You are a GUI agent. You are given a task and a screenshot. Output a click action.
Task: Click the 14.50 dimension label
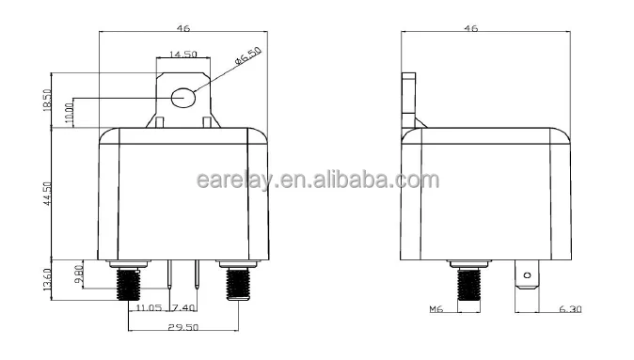pos(182,55)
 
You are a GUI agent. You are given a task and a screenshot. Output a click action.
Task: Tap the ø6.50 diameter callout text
pos(248,55)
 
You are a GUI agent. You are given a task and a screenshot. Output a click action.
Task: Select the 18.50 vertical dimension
pos(47,101)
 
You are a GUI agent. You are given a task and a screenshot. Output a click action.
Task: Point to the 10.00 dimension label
pos(70,113)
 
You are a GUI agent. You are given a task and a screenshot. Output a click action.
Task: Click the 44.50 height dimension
pos(48,194)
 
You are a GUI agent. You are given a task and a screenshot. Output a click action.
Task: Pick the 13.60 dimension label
pos(47,279)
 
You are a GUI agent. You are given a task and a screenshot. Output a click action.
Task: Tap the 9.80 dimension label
pos(79,274)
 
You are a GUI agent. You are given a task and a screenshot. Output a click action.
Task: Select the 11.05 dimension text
pos(149,308)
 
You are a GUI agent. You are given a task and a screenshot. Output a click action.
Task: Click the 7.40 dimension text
pos(183,308)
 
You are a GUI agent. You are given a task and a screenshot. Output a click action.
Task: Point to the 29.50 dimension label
pos(183,327)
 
